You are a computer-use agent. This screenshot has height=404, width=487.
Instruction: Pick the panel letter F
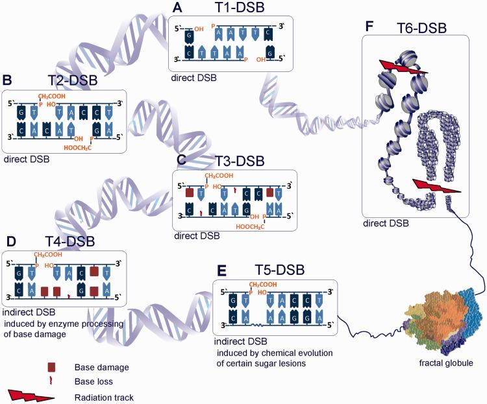pos(369,27)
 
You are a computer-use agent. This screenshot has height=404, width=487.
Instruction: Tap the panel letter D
pos(10,242)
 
